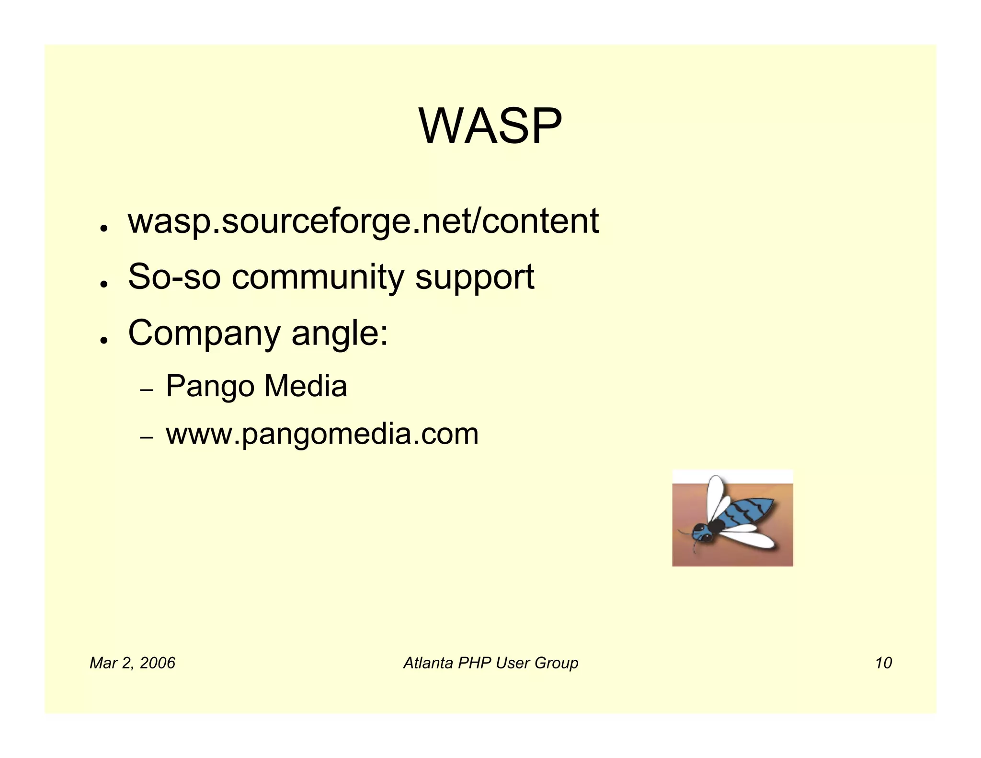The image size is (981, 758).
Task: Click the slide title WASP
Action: pyautogui.click(x=490, y=126)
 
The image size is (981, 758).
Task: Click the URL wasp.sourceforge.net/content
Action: pyautogui.click(x=363, y=221)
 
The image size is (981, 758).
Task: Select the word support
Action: pyautogui.click(x=474, y=278)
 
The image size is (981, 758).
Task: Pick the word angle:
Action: pyautogui.click(x=340, y=334)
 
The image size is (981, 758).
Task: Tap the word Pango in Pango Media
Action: pyautogui.click(x=209, y=387)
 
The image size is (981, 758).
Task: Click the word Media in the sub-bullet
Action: pyautogui.click(x=305, y=386)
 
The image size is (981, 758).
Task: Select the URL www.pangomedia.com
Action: pyautogui.click(x=322, y=434)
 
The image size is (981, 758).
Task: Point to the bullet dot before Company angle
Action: pyautogui.click(x=103, y=340)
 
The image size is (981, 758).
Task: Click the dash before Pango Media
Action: pyautogui.click(x=147, y=390)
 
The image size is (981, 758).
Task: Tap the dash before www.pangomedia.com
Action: pyautogui.click(x=147, y=437)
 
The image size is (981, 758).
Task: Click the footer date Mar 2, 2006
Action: pyautogui.click(x=132, y=663)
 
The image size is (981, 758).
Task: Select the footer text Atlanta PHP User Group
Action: pyautogui.click(x=490, y=663)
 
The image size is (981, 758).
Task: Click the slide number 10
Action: pyautogui.click(x=883, y=663)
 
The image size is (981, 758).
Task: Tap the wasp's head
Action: pyautogui.click(x=702, y=532)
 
